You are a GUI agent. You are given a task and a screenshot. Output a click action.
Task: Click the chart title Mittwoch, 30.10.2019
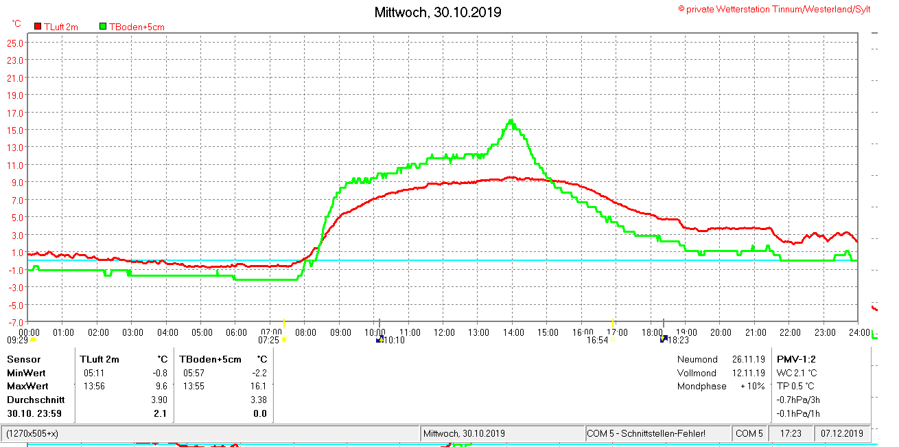click(438, 12)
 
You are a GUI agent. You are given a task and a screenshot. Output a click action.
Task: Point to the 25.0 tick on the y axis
click(16, 43)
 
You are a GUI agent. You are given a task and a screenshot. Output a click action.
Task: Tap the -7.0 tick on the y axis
click(16, 322)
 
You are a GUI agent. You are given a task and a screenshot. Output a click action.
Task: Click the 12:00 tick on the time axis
click(444, 332)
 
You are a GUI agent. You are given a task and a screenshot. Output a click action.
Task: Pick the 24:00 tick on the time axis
click(857, 332)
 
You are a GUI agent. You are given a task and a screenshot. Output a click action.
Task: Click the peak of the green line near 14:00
click(511, 121)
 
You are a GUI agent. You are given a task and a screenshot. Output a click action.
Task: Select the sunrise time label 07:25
click(268, 340)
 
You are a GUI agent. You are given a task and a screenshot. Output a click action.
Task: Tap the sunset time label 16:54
click(597, 340)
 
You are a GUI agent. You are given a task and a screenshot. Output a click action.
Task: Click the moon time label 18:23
click(678, 340)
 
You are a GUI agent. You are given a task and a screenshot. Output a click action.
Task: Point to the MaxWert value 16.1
click(259, 386)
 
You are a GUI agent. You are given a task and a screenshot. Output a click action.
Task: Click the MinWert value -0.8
click(159, 373)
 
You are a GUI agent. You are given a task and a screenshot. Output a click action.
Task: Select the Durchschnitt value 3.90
click(159, 400)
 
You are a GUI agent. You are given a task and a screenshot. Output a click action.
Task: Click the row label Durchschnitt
click(36, 400)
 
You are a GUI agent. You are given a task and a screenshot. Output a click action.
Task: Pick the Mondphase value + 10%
click(751, 386)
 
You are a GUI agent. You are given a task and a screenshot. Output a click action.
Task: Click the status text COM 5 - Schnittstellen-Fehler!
click(646, 434)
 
